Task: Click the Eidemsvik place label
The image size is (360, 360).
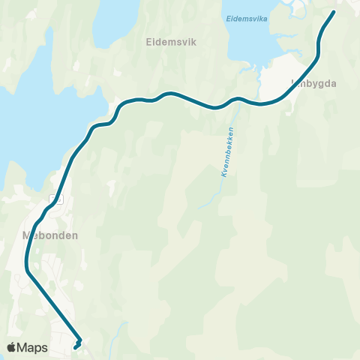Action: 170,43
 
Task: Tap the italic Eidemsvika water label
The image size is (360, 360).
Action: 245,16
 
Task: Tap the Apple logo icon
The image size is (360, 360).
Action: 12,347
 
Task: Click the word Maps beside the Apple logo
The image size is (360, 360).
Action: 33,347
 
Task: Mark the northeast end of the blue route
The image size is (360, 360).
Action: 334,11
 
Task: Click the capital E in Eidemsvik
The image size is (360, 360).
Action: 148,43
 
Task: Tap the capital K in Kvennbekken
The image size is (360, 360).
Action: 223,175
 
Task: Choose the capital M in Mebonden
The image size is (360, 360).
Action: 27,234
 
